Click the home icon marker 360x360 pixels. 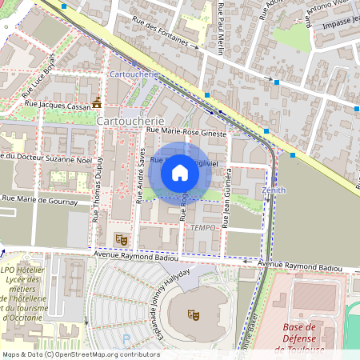pos(180,172)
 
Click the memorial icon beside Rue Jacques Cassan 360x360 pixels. pos(97,102)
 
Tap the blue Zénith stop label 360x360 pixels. pos(274,190)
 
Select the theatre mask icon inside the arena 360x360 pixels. pos(192,314)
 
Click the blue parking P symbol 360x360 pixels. pos(126,339)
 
